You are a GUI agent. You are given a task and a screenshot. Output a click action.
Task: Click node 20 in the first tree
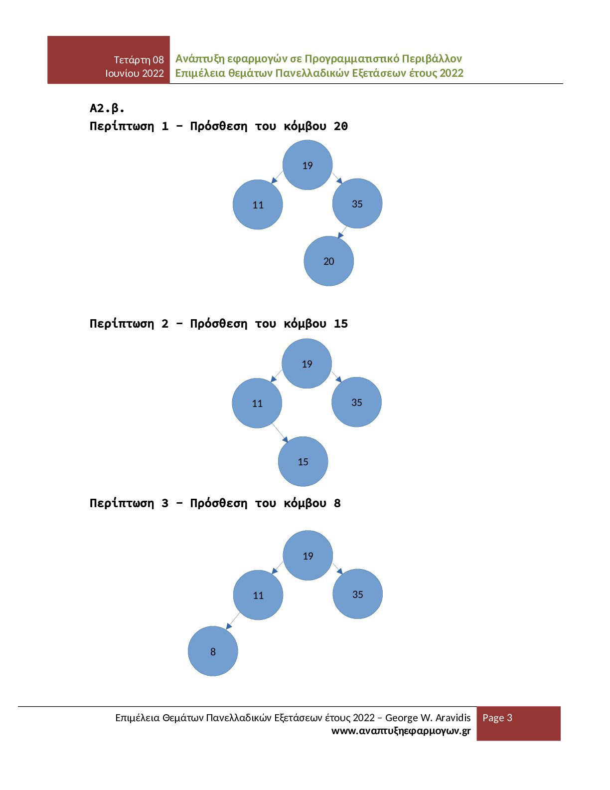329,261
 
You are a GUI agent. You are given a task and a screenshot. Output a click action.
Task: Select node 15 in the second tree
303,461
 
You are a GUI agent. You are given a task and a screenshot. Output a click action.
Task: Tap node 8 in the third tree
213,651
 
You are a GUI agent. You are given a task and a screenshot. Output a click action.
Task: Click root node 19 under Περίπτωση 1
307,165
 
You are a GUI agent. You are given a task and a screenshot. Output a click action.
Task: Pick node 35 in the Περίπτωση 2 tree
357,402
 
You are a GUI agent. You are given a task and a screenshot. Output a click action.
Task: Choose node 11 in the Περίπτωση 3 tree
258,595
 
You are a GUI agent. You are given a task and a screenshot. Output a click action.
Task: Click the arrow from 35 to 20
342,232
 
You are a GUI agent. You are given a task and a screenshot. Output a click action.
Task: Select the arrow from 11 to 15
280,432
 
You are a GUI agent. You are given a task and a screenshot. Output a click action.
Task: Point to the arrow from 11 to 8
233,620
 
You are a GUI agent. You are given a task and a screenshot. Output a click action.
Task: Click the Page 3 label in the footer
497,718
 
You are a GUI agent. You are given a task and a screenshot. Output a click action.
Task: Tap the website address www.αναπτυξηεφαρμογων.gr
401,731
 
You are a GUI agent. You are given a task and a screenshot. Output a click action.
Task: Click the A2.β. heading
107,108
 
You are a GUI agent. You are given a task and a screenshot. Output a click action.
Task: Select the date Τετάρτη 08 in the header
139,60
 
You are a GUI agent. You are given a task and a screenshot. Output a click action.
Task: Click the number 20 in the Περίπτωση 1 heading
341,126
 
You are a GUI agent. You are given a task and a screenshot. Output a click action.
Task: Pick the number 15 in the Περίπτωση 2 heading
341,324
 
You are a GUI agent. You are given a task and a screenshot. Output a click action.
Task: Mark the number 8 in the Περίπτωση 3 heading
337,503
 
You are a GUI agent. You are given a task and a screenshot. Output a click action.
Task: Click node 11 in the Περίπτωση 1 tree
258,204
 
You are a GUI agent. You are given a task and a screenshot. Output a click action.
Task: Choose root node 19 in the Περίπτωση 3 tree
308,556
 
